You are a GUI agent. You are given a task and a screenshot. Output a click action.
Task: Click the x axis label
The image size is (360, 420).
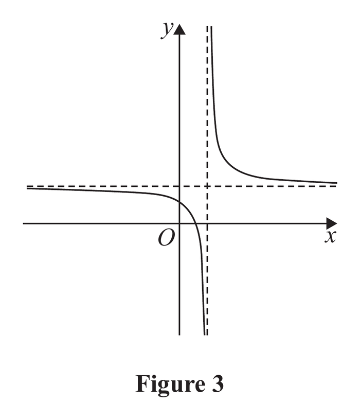click(330, 237)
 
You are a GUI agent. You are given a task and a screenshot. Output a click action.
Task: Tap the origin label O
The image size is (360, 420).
click(166, 238)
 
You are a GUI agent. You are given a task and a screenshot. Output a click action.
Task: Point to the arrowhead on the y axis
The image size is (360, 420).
click(179, 29)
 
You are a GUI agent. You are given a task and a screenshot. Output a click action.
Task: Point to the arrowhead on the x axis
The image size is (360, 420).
click(331, 223)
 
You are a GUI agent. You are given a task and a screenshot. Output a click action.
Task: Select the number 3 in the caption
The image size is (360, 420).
click(218, 383)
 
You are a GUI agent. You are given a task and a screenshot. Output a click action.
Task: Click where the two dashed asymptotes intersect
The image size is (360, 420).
click(207, 186)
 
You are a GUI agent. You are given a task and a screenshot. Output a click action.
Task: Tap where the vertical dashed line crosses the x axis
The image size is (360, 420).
click(207, 223)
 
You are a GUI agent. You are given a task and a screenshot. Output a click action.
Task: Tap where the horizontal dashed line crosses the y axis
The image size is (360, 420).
click(179, 186)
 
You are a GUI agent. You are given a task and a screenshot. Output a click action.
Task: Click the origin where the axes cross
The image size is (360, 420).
click(179, 223)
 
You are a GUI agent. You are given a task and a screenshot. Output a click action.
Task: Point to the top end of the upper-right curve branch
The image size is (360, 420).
click(211, 27)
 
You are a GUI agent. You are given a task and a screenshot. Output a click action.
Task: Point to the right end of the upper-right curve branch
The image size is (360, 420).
click(337, 183)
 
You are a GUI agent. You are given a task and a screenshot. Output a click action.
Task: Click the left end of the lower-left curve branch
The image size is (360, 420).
click(27, 188)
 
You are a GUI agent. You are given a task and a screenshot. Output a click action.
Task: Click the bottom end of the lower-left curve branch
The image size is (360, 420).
click(205, 335)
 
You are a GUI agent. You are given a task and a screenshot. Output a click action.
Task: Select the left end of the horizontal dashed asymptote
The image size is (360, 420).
click(27, 186)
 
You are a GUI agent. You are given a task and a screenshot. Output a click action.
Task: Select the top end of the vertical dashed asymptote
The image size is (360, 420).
click(207, 26)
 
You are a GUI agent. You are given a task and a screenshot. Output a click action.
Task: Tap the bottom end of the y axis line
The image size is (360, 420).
click(179, 335)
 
